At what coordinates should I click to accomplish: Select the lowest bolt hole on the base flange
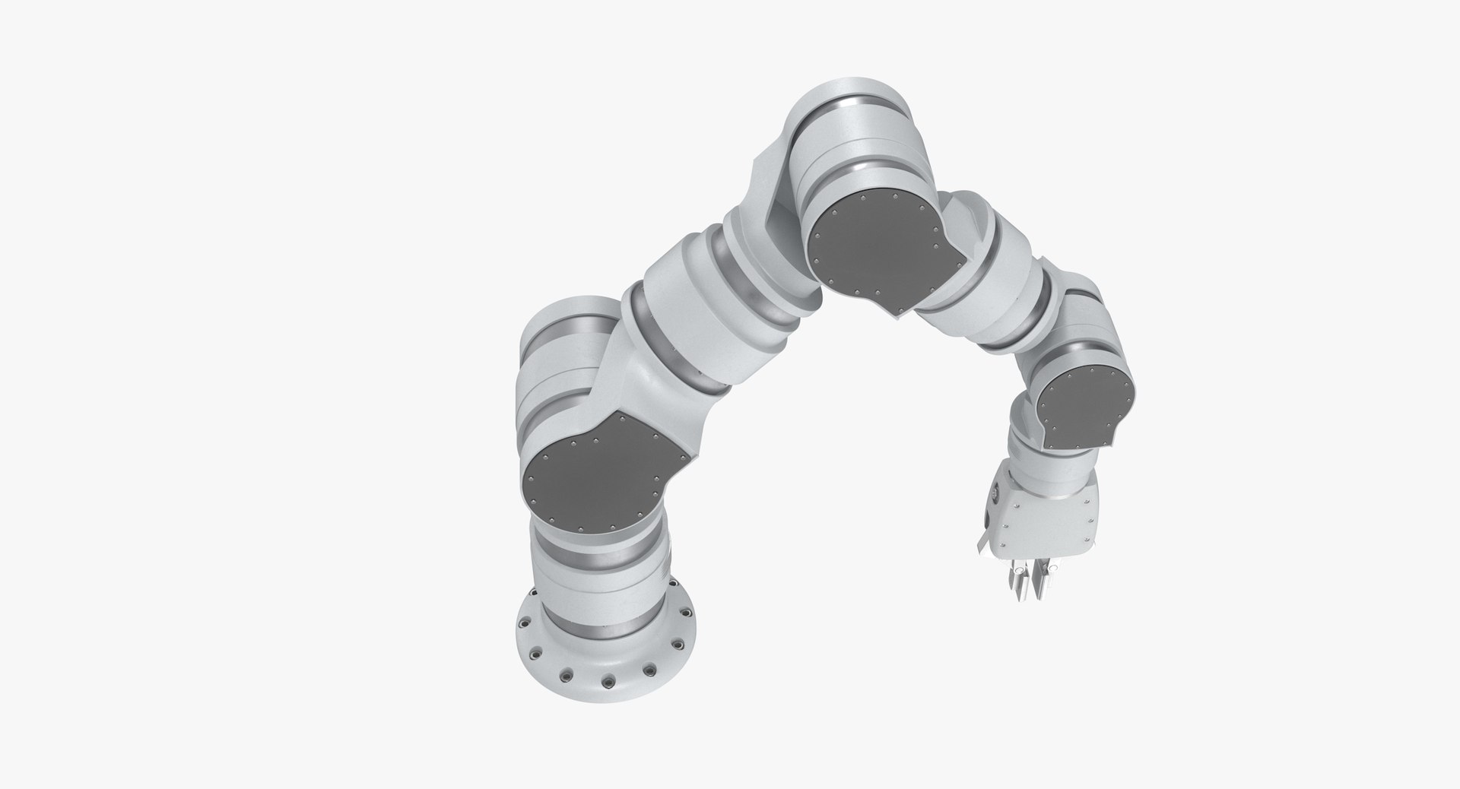tap(608, 680)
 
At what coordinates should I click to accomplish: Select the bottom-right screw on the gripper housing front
tap(1093, 540)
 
